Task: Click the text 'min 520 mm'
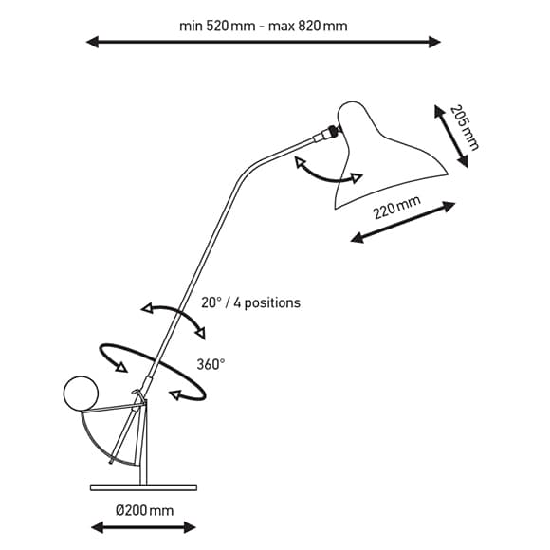click(x=217, y=26)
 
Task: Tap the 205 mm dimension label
click(x=464, y=127)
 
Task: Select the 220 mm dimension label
click(x=396, y=207)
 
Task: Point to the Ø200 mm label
click(x=144, y=510)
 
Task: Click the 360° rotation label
click(x=211, y=364)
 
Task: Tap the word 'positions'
click(x=272, y=303)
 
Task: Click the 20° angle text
click(x=211, y=302)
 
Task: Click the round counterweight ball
click(x=81, y=394)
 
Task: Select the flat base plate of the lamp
click(x=143, y=487)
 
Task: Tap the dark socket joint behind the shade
click(x=333, y=131)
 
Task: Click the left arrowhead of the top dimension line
click(x=93, y=42)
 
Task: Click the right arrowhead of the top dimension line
click(x=434, y=42)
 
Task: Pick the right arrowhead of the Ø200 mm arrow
click(x=190, y=527)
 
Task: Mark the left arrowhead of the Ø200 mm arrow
click(x=97, y=527)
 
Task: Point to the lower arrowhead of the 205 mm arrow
click(x=463, y=161)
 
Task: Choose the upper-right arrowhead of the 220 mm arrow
click(x=449, y=206)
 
